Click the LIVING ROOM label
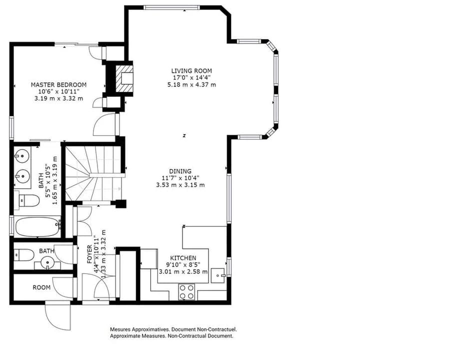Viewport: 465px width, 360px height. coord(191,71)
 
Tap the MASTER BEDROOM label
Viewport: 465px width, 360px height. coord(58,85)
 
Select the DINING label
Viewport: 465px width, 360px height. coord(180,171)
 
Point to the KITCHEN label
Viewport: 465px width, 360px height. coord(183,258)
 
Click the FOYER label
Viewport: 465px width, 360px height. coord(89,254)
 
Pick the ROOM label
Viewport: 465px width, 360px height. coord(41,287)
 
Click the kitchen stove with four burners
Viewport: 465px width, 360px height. coord(186,291)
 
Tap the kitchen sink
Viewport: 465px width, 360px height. coord(218,275)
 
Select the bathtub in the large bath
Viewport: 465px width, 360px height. coord(37,227)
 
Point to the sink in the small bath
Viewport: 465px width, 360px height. coord(47,262)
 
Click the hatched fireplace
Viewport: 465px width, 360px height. coord(124,79)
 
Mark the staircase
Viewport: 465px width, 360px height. coord(93,173)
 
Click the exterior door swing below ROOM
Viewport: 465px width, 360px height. coord(58,315)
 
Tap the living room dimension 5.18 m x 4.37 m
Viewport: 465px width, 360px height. coord(191,84)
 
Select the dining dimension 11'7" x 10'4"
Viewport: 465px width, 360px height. coord(180,178)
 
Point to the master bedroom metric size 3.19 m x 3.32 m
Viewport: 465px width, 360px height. coord(58,98)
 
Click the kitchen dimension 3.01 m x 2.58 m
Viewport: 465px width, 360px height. coord(183,271)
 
